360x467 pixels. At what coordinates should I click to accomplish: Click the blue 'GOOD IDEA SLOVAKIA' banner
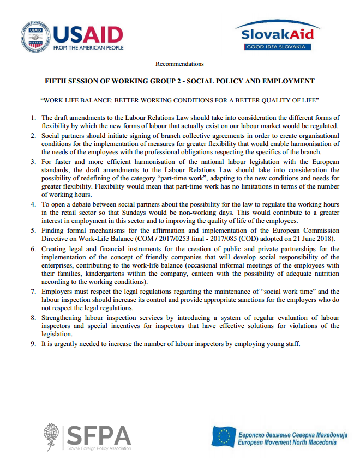coord(278,47)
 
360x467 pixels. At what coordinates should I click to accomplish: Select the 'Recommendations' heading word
coord(179,64)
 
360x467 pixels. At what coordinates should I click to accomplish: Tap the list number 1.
coord(33,118)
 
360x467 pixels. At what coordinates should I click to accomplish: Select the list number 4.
coord(33,204)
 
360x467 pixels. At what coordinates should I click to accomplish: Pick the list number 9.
coord(33,344)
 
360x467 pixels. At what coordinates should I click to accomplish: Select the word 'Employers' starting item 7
coord(56,292)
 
